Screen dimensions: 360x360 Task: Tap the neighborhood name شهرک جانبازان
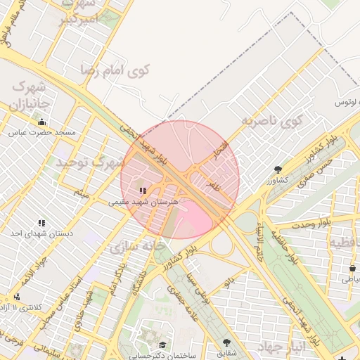[x=30, y=96]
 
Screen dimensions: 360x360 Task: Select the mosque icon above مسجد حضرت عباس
[x=41, y=122]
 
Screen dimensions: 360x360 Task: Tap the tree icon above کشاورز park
[x=278, y=169]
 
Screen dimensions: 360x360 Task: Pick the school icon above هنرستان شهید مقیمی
[x=143, y=191]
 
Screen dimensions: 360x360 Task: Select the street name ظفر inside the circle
[x=213, y=186]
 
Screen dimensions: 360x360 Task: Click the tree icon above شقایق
[x=226, y=342]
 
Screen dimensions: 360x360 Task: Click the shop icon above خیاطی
[x=352, y=269]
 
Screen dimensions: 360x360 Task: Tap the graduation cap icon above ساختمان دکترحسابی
[x=163, y=345]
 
